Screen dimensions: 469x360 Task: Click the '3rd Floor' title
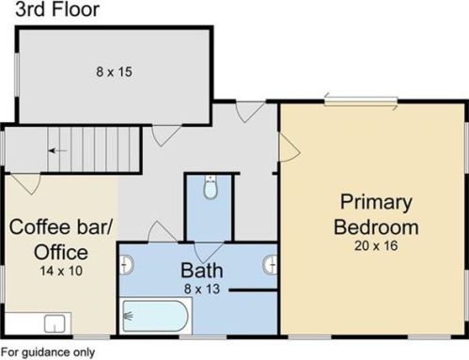click(x=57, y=9)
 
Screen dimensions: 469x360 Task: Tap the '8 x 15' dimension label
click(x=114, y=71)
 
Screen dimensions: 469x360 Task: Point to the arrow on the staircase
click(x=57, y=151)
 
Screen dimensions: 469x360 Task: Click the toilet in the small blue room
click(x=211, y=187)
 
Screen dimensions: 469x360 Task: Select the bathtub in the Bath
click(x=155, y=316)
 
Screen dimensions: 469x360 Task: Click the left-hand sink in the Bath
click(x=127, y=265)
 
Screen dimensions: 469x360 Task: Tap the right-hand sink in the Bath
click(x=271, y=265)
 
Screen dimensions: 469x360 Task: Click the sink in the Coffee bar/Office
click(x=55, y=323)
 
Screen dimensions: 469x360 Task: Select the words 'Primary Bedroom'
click(x=376, y=214)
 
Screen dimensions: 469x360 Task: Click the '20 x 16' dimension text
click(x=376, y=245)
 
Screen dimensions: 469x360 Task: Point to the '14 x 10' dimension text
click(x=61, y=271)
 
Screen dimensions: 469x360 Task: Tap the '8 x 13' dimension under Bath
click(x=202, y=289)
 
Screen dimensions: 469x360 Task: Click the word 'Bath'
click(x=202, y=271)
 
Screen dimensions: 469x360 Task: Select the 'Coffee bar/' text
click(x=61, y=227)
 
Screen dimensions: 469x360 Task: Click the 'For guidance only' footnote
click(x=48, y=352)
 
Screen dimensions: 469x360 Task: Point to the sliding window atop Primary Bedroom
click(x=361, y=102)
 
